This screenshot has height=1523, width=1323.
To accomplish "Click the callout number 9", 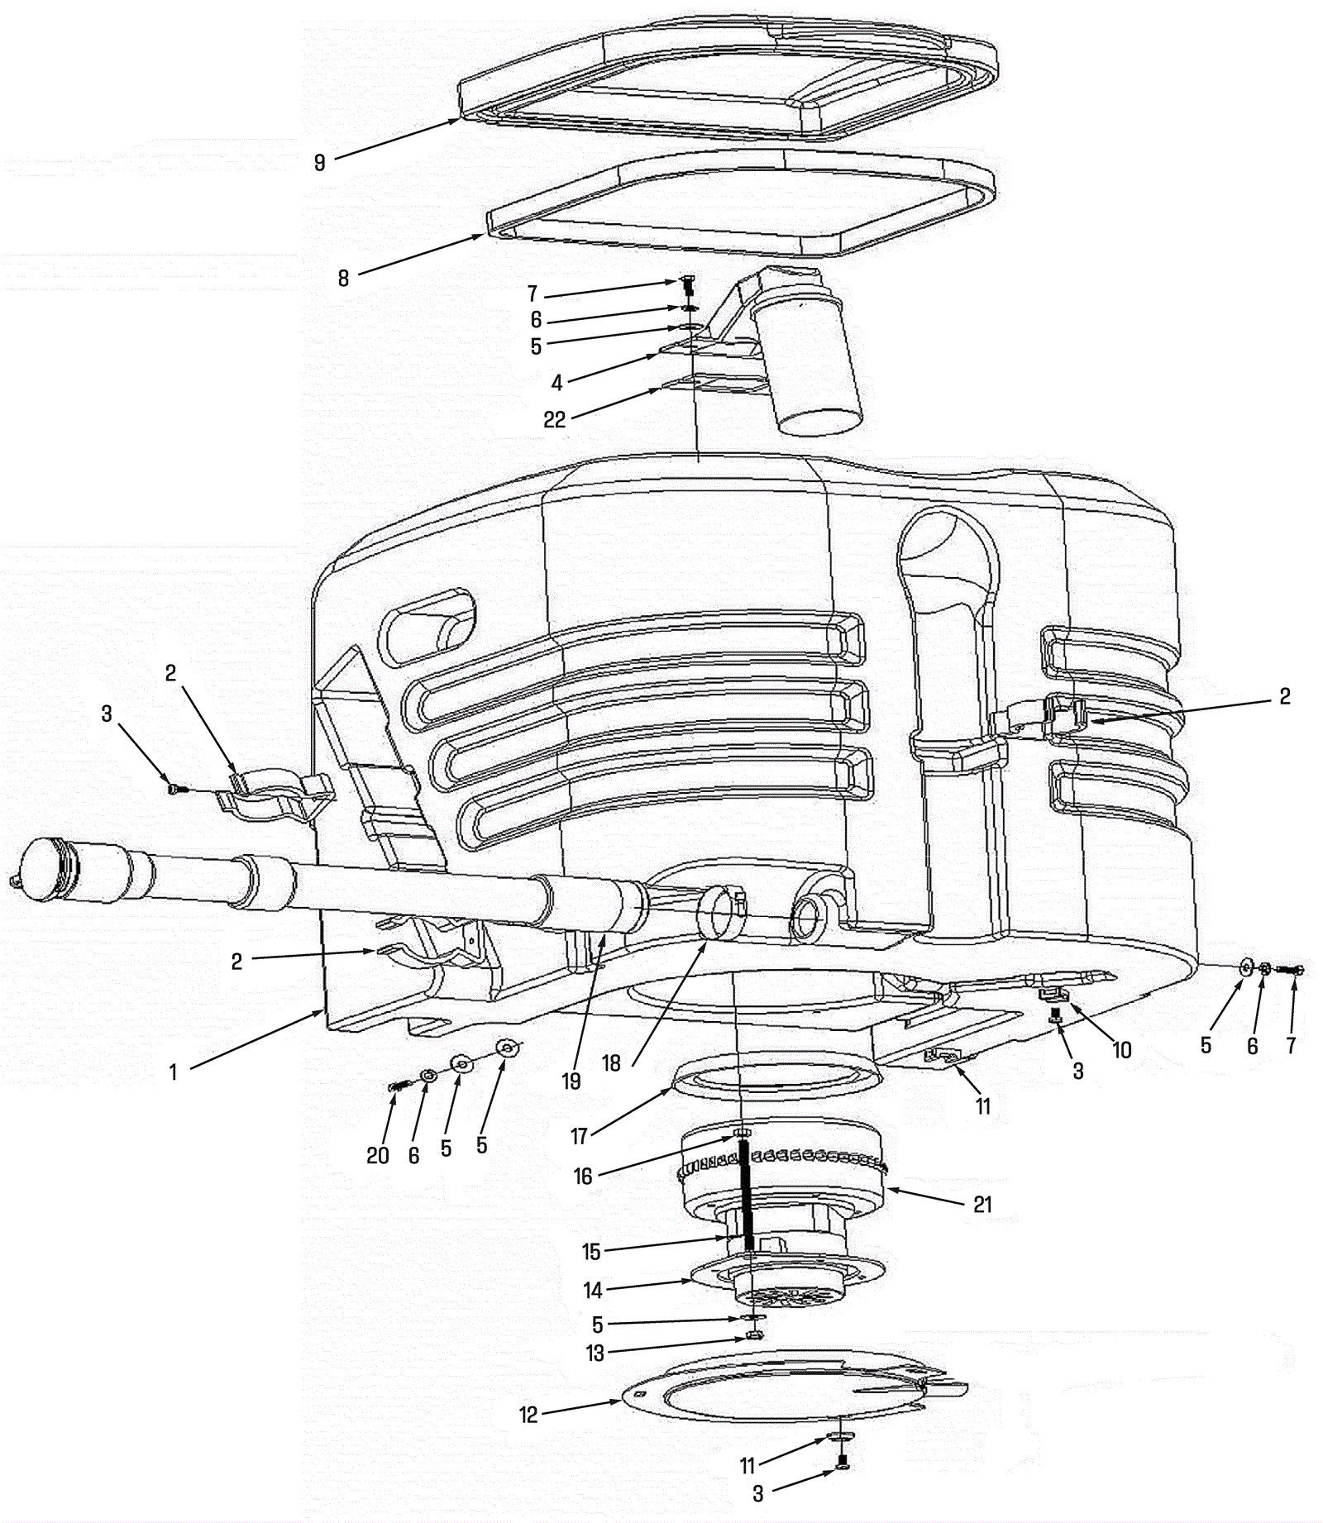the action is (x=320, y=163).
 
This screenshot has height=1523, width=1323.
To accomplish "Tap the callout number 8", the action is (x=343, y=278).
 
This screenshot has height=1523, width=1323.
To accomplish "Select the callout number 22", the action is (x=554, y=419).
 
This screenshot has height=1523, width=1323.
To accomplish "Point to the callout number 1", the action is (x=173, y=1072).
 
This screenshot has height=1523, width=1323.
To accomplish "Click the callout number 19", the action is (x=571, y=1081).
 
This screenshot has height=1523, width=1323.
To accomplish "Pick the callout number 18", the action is (x=611, y=1062).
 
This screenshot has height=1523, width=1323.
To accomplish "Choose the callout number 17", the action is (x=578, y=1137).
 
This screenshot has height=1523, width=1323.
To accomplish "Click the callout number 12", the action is (x=528, y=1415).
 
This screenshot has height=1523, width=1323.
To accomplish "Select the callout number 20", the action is (x=378, y=1155).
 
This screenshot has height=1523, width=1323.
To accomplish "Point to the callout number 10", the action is (x=1121, y=1050).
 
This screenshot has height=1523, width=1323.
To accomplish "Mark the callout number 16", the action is (x=583, y=1176).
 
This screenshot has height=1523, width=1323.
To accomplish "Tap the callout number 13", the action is (x=595, y=1353).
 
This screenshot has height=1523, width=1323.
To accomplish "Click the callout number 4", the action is (x=557, y=383).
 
